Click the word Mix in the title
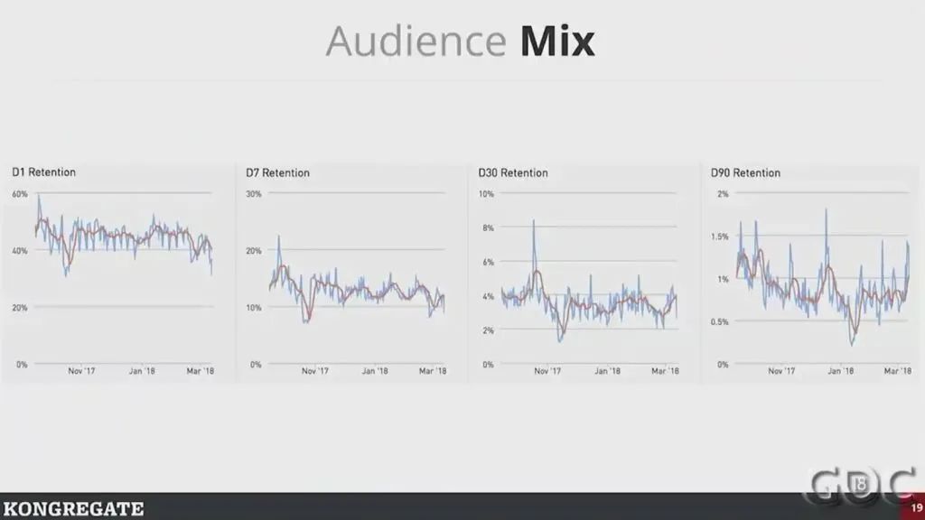point(557,42)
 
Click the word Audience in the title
point(416,42)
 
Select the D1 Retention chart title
point(43,172)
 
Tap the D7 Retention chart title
point(277,172)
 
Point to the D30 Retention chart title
point(512,172)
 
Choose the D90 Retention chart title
point(745,172)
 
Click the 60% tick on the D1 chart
point(19,194)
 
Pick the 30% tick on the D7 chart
point(254,194)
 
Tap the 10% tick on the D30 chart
point(486,194)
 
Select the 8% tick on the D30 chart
point(488,228)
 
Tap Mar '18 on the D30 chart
point(665,370)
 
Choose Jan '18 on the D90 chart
point(842,370)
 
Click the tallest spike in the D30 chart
point(534,220)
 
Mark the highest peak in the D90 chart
point(826,210)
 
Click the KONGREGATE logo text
point(72,509)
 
